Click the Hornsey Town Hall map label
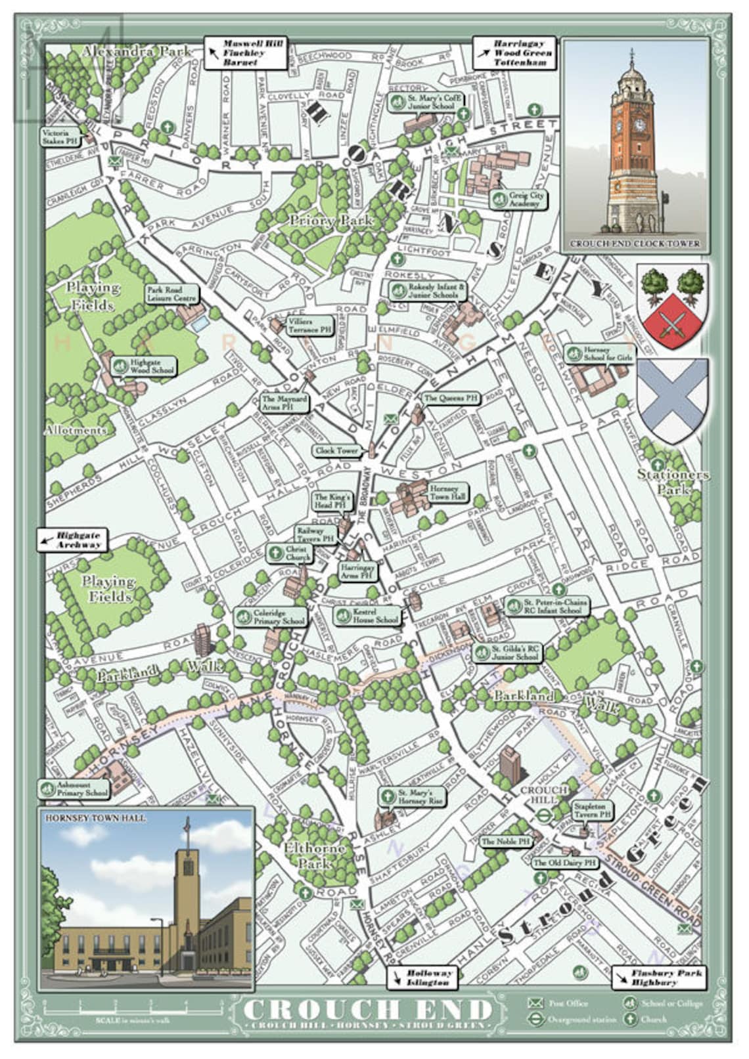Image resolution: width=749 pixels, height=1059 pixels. click(x=449, y=492)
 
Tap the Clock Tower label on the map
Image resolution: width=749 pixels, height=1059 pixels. click(x=336, y=451)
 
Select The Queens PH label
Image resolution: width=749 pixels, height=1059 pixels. click(x=451, y=398)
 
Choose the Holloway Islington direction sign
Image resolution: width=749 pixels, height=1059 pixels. click(x=422, y=978)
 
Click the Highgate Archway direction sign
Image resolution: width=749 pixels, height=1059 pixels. click(x=72, y=540)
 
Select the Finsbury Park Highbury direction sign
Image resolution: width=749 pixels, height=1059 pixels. click(x=658, y=978)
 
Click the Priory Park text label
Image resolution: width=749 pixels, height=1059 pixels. click(x=330, y=221)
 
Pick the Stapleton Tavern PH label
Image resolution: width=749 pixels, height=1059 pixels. click(x=592, y=810)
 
